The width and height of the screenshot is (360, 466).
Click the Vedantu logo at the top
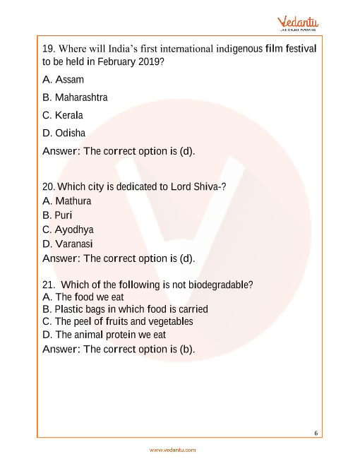tap(297, 23)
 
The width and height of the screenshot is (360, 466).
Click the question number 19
tap(49, 49)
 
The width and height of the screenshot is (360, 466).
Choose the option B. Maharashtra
tap(75, 97)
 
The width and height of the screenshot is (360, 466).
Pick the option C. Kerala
tap(63, 115)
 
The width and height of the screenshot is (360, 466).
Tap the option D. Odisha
tap(64, 133)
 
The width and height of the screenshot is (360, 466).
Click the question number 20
tap(48, 187)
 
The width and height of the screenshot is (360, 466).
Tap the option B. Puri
tap(57, 215)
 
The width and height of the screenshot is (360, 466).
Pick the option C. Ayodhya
tap(68, 229)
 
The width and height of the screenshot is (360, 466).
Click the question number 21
tap(49, 285)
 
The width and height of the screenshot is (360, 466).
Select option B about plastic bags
tap(125, 309)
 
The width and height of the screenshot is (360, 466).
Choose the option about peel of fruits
tap(117, 322)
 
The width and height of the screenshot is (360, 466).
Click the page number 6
tap(316, 432)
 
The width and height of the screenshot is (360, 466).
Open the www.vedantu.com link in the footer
tap(173, 450)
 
